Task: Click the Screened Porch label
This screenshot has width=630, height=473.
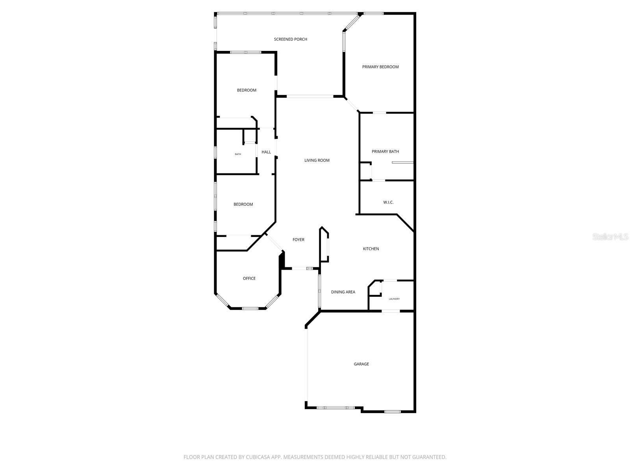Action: tap(291, 39)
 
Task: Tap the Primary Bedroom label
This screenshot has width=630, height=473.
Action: tap(380, 67)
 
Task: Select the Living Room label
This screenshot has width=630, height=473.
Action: tap(317, 160)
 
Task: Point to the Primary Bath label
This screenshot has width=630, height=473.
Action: tap(385, 152)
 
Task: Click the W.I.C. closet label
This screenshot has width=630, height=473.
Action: tap(388, 203)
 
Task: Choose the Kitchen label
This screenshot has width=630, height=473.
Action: tap(371, 249)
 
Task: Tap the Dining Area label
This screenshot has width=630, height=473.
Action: tap(343, 292)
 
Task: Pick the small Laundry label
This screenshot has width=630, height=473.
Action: tap(394, 299)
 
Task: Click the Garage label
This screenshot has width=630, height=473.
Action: tap(361, 364)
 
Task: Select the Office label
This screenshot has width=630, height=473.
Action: tap(249, 279)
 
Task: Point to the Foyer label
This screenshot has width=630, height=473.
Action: tap(298, 240)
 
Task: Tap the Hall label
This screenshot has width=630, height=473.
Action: tap(266, 152)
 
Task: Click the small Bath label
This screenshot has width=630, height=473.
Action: tap(238, 154)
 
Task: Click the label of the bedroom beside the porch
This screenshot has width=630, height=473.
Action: tap(246, 90)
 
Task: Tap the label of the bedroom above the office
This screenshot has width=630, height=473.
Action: tap(243, 205)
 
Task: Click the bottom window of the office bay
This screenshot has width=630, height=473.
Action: tap(250, 308)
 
